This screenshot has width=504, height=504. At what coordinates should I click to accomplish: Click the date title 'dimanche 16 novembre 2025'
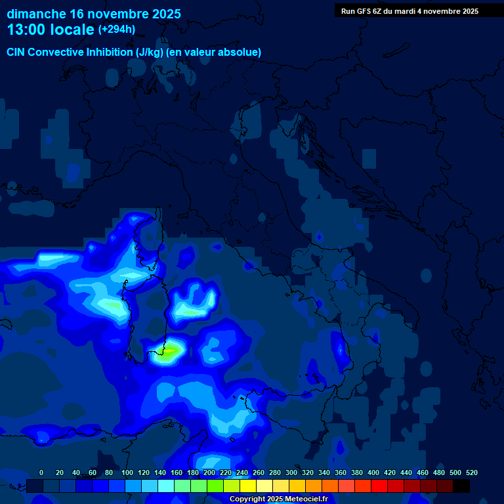click(94, 14)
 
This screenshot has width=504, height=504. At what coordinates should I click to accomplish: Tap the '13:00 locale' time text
click(51, 30)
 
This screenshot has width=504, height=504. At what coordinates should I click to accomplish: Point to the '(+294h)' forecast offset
click(117, 30)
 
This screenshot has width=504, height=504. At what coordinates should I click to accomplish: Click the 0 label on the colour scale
click(41, 472)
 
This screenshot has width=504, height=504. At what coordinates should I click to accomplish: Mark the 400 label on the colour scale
click(373, 472)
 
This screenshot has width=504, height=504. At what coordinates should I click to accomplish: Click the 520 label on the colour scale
click(471, 472)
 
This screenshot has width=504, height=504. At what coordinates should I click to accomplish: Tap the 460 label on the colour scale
click(422, 472)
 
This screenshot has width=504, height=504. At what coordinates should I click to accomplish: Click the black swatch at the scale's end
click(461, 486)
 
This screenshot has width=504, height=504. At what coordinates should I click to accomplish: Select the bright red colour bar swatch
click(379, 486)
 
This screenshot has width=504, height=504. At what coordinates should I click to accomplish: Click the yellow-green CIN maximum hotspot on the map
click(170, 352)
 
